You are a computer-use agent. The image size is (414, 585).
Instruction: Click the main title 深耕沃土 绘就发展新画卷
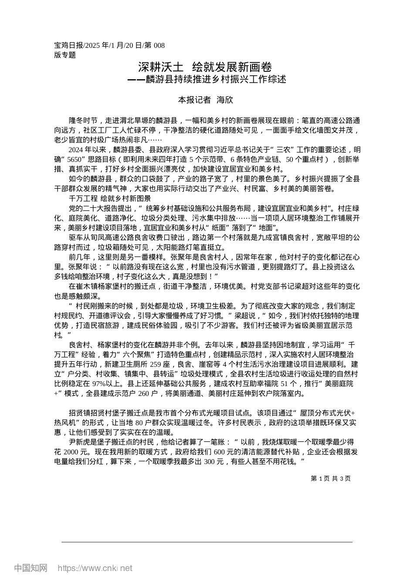[x=205, y=67]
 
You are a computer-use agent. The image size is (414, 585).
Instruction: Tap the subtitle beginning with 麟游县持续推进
[x=207, y=80]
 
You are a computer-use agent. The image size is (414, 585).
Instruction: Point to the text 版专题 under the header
[x=65, y=55]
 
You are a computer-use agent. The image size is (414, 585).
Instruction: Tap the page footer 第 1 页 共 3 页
[x=330, y=478]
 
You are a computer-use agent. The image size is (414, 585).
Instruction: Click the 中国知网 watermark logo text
[x=31, y=568]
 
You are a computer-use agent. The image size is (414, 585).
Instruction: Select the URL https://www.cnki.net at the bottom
[x=95, y=568]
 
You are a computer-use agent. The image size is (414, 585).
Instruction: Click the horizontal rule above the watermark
[x=207, y=542]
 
